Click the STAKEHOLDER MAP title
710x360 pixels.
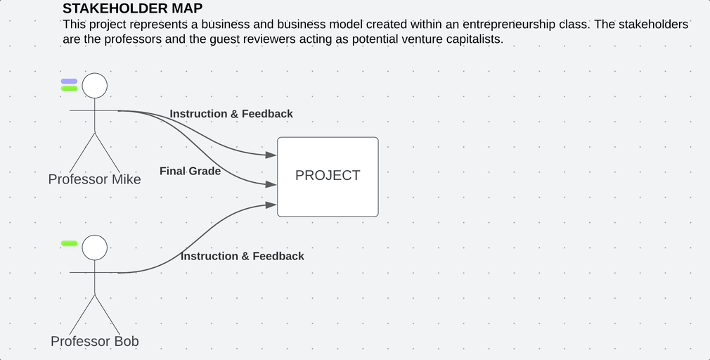click(132, 8)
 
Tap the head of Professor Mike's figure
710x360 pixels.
click(95, 86)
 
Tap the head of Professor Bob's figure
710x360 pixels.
click(95, 247)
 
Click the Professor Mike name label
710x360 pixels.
click(94, 179)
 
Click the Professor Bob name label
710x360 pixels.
click(94, 342)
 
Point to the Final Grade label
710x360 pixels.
click(190, 171)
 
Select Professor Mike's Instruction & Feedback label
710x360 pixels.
click(231, 114)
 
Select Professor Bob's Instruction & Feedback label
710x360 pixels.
click(243, 257)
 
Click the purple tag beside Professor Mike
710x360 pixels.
click(69, 82)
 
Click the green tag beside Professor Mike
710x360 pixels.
click(69, 89)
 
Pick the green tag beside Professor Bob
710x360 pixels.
click(69, 243)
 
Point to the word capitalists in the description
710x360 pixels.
click(471, 39)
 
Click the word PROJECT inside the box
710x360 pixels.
click(328, 176)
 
